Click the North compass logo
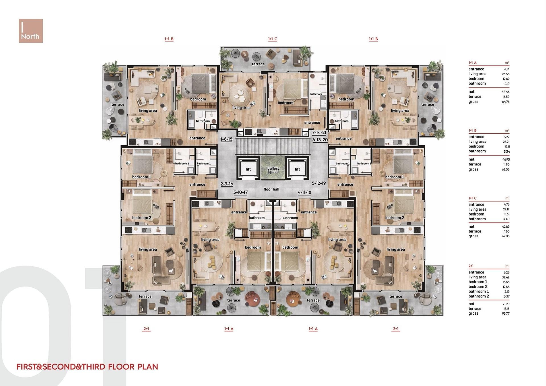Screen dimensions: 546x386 [x=31, y=31]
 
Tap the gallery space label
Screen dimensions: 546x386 [x=273, y=170]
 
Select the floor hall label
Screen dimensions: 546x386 [x=271, y=189]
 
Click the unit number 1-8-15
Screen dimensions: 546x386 [x=226, y=139]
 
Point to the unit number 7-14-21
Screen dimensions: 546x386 [x=319, y=132]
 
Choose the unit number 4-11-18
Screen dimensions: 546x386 [x=304, y=192]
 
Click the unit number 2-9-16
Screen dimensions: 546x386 [x=227, y=184]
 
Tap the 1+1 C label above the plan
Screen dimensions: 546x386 [x=273, y=39]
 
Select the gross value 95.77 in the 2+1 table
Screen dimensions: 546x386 [x=506, y=314]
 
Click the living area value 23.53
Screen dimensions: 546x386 [x=506, y=74]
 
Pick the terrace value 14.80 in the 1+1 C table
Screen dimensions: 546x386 [x=506, y=231]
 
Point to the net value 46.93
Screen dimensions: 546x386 [x=506, y=159]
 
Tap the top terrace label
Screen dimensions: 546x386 [x=258, y=64]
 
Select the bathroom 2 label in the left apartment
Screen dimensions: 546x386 [x=182, y=163]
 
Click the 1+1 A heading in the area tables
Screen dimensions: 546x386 [x=473, y=63]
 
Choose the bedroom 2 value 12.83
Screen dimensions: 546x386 [x=506, y=287]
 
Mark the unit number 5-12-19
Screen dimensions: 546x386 [x=319, y=183]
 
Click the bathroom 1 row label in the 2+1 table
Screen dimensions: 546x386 [x=479, y=291]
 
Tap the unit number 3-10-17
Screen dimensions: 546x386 [x=241, y=192]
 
